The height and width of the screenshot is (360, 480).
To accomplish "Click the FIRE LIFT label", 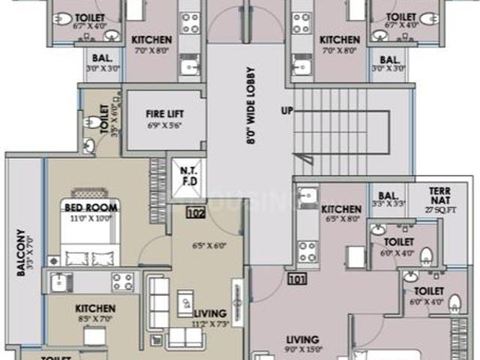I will click(x=164, y=114).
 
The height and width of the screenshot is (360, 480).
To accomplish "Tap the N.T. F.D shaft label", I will click(x=187, y=175).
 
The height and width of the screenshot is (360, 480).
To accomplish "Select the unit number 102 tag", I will click(x=196, y=213).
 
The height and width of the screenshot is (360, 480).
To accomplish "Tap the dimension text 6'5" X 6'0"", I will click(x=208, y=245).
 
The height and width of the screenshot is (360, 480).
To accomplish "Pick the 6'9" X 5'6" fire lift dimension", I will click(x=164, y=125).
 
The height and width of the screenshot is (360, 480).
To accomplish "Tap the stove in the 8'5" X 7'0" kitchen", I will click(x=122, y=281).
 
